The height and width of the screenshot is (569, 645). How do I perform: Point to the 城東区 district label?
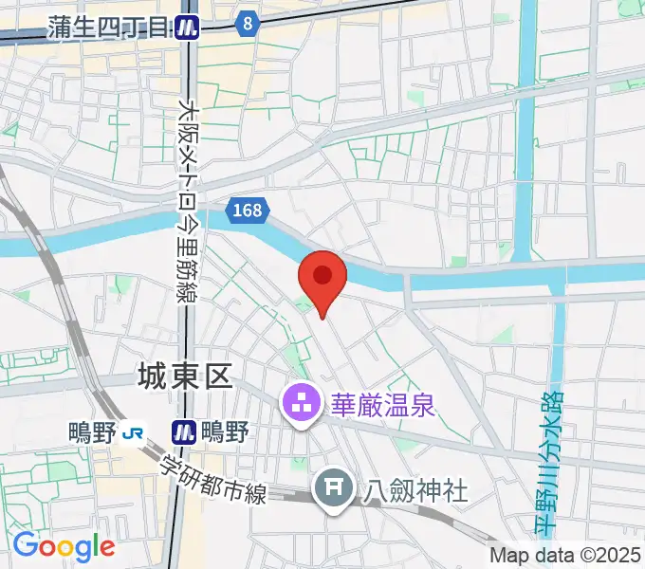pyautogui.click(x=184, y=377)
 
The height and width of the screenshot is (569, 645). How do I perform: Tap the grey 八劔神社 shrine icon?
pyautogui.click(x=333, y=489)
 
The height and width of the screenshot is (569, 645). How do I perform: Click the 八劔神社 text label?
pyautogui.click(x=416, y=489)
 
